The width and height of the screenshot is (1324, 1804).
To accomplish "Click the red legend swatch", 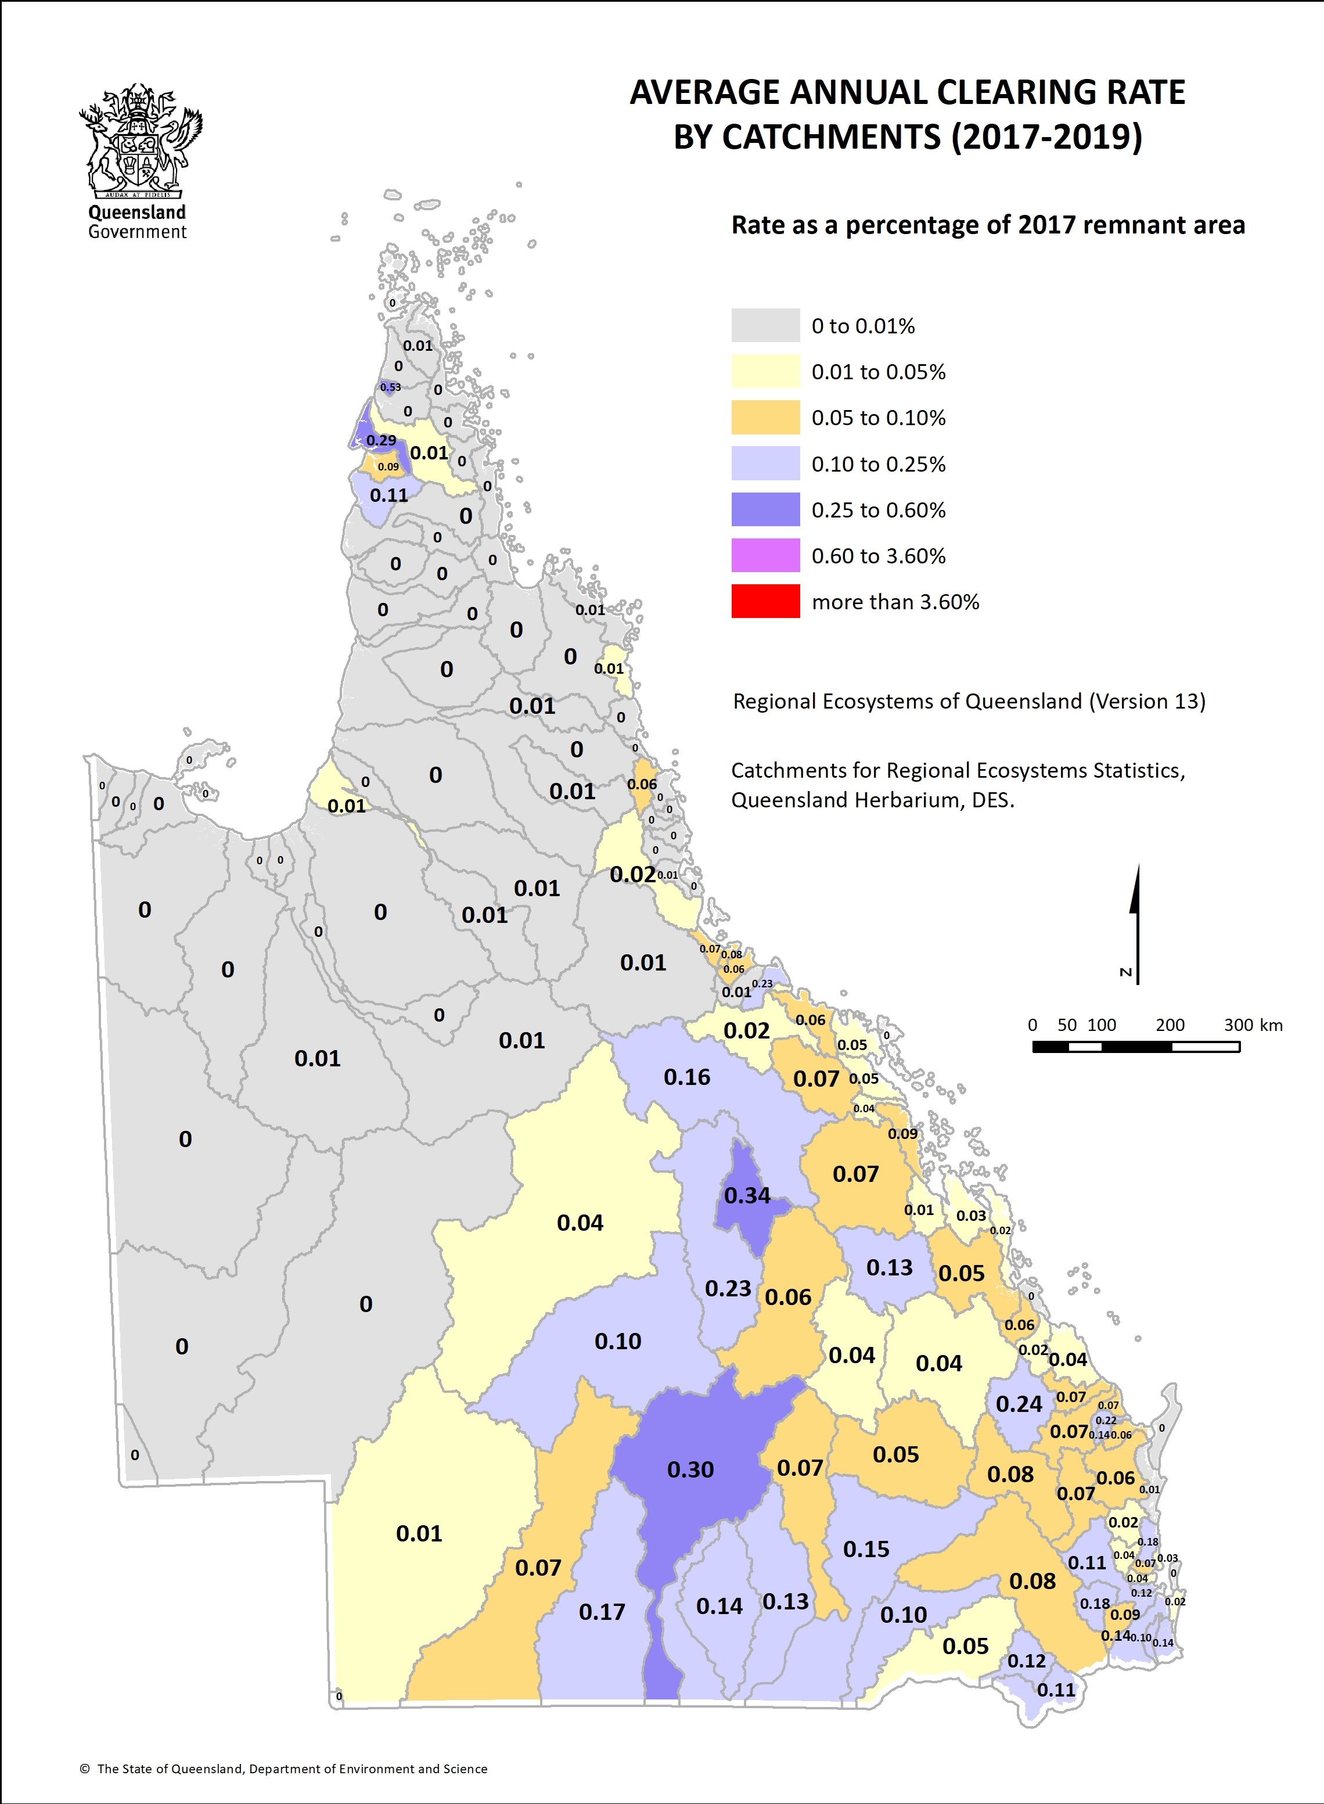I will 765,601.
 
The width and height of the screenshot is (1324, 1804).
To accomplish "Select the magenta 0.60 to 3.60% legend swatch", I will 765,555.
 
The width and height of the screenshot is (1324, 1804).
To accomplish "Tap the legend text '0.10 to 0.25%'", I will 879,464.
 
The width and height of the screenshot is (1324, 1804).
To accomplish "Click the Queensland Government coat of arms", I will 139,140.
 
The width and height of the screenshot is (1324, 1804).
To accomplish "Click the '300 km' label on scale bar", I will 1253,1025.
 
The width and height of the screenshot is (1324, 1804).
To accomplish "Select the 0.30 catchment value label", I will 690,1470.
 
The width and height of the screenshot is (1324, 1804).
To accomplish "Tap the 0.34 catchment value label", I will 747,1196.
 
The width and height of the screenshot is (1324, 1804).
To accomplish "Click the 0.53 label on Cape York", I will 390,387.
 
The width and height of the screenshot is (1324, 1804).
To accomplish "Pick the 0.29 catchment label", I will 381,441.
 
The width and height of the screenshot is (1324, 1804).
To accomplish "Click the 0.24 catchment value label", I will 1019,1404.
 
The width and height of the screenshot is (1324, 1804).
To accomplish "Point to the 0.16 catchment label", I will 687,1077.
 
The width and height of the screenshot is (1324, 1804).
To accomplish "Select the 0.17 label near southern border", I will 602,1612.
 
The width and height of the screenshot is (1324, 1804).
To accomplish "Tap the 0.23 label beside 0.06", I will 728,1289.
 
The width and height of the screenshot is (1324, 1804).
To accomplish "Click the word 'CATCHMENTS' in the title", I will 831,137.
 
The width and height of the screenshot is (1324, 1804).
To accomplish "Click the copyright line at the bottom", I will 284,1769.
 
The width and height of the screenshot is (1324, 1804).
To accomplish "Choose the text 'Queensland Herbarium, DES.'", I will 872,800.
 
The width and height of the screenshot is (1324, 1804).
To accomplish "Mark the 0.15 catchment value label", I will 866,1549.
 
